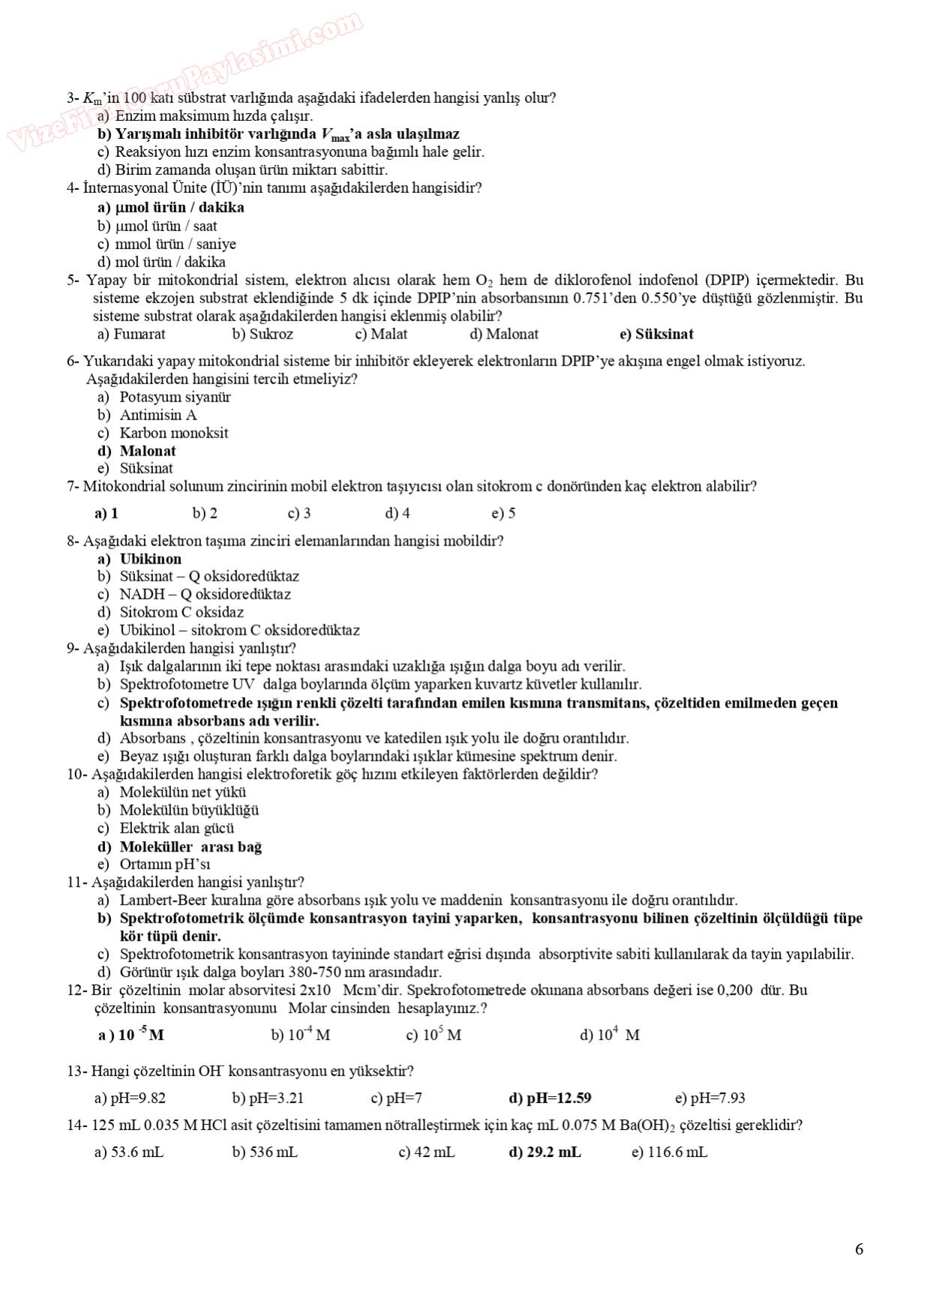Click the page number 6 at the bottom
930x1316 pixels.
(x=859, y=1249)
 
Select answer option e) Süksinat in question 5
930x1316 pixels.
(x=656, y=335)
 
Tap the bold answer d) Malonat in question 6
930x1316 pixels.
(x=136, y=451)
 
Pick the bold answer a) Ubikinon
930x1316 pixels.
(x=139, y=559)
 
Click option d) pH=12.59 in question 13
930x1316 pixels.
(x=550, y=1098)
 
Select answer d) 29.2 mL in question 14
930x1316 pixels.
(x=544, y=1152)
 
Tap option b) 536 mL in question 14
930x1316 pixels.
(x=265, y=1152)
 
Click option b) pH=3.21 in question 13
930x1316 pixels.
(x=268, y=1098)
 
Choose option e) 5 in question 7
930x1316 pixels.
(x=503, y=514)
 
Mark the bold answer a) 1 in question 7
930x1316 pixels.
(x=106, y=514)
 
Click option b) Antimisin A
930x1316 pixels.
(x=147, y=415)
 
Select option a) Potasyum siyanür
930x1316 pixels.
(x=163, y=397)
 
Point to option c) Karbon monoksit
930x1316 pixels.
(x=163, y=433)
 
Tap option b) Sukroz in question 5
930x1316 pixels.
(x=262, y=335)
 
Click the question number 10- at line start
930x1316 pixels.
(x=78, y=774)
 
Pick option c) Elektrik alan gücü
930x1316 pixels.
(x=166, y=828)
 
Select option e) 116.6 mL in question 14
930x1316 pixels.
(x=669, y=1152)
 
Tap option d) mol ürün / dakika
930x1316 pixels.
(x=161, y=262)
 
